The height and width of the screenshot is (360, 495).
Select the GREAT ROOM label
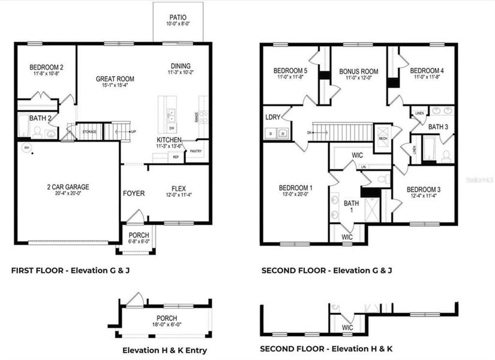pyautogui.click(x=115, y=79)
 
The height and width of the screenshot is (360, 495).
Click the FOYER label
pyautogui.click(x=134, y=193)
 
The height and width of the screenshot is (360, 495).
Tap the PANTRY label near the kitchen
pyautogui.click(x=196, y=151)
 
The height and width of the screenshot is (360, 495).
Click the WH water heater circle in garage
pyautogui.click(x=26, y=147)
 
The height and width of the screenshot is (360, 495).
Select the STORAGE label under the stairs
pyautogui.click(x=90, y=131)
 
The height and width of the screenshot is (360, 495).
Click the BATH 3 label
pyautogui.click(x=437, y=127)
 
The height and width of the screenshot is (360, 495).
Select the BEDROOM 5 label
pyautogui.click(x=290, y=69)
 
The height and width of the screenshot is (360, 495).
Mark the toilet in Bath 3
pyautogui.click(x=445, y=156)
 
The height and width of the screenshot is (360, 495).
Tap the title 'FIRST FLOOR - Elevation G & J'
pyautogui.click(x=71, y=271)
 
